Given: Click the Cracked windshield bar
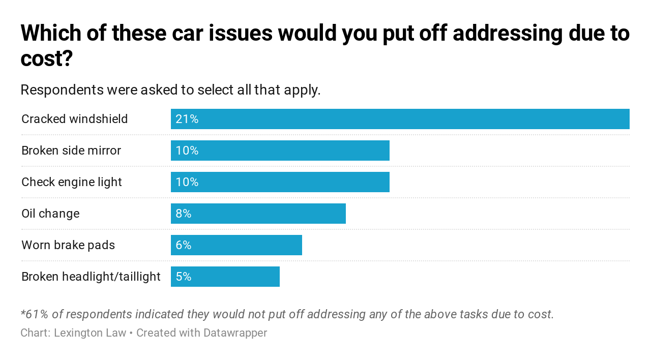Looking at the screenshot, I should click(400, 119).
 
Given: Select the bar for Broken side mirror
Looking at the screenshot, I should click(280, 151).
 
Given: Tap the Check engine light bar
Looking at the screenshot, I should click(280, 182).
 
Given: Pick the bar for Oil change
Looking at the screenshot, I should click(258, 214).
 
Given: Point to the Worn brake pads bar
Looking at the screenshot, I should click(236, 245).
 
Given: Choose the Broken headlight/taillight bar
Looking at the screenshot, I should click(225, 277).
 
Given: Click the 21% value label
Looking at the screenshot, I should click(187, 119).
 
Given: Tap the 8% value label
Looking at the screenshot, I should click(183, 214).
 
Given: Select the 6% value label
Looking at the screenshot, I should click(183, 245).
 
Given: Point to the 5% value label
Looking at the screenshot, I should click(183, 277).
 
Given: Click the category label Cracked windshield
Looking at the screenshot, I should click(75, 119).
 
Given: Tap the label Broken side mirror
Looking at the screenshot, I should click(71, 151).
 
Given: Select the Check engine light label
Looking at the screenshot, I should click(72, 182).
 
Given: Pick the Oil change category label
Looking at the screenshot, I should click(50, 214).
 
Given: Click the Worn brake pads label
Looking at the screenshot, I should click(68, 245).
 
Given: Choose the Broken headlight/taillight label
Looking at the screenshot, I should click(91, 277).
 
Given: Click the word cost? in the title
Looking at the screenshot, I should click(47, 59).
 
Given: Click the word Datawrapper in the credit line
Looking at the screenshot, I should click(235, 333).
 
